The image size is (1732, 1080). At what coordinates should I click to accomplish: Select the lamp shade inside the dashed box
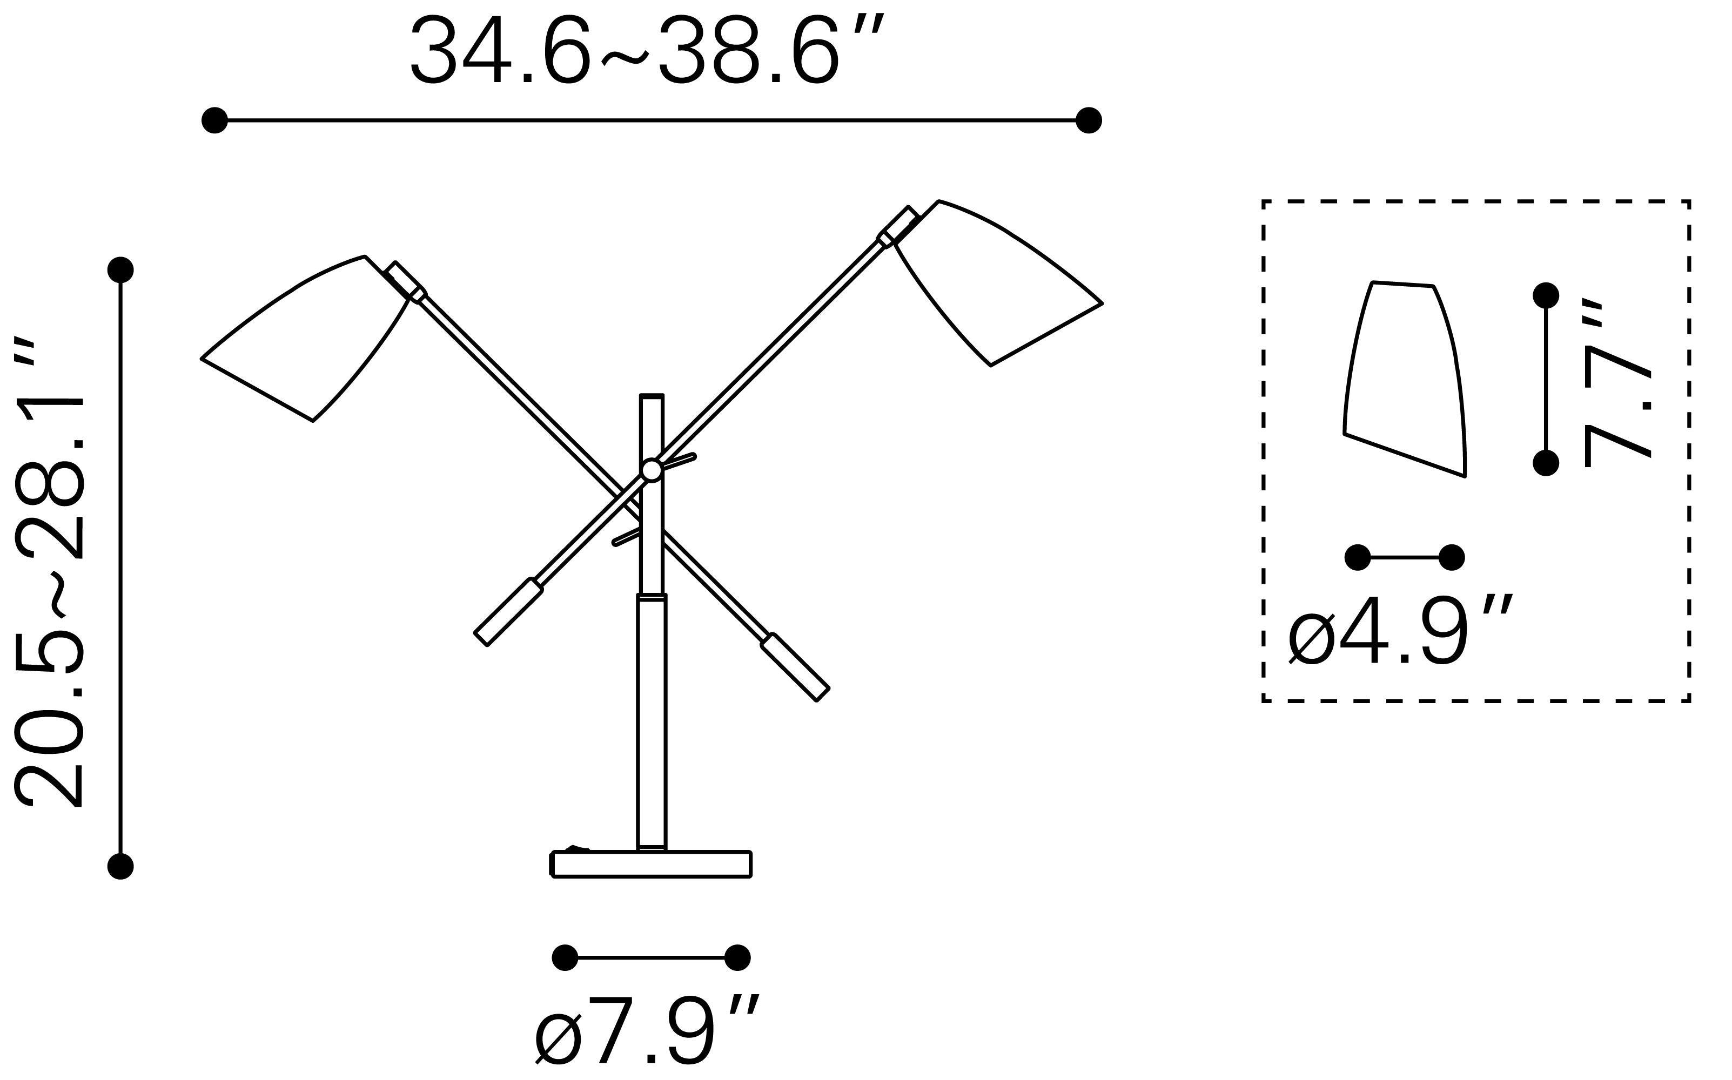point(1405,379)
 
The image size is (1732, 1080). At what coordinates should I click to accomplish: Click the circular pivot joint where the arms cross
point(651,470)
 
